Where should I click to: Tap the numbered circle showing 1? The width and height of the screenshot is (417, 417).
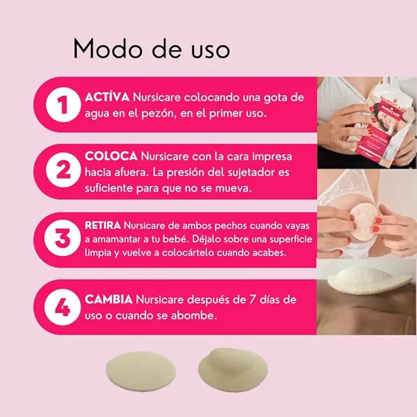61,104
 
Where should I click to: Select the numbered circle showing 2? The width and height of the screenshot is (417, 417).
61,172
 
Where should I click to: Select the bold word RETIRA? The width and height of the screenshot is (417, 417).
107,225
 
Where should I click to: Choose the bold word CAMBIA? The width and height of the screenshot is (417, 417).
109,300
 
